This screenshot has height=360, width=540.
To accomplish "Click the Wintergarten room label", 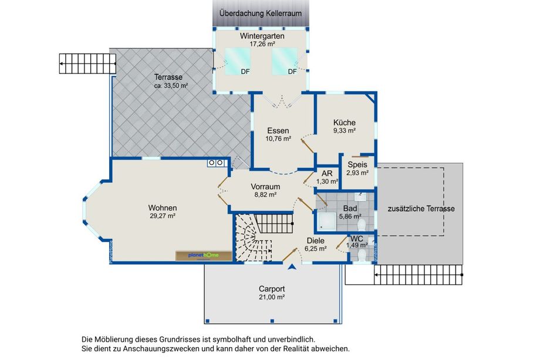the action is coord(262,36).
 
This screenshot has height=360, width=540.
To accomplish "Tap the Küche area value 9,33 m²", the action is coord(345,130).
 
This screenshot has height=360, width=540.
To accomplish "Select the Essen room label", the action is coord(278,130).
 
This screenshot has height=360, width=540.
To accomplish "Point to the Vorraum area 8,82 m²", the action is coord(265,194).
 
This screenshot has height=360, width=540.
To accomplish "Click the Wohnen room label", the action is coord(163,208).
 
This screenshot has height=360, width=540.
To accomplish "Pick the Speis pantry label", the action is coord(357,164).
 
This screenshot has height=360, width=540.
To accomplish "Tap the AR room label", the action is coord(327,173).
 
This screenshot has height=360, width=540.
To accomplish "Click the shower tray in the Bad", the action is coord(326,221).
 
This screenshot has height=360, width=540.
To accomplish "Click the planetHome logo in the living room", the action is coord(203,255).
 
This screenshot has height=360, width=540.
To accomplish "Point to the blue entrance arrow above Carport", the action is coord(292,266).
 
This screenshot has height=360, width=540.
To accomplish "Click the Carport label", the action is coord(272,289).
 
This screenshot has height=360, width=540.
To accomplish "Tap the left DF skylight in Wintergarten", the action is coord(238,61).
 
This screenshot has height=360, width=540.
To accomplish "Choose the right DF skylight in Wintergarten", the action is coord(285,61).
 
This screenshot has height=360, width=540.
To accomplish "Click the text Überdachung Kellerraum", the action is coord(261,14).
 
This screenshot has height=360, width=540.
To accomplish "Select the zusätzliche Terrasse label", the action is coord(421,208).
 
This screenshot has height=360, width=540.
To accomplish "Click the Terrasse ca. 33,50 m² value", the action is coord(171,86).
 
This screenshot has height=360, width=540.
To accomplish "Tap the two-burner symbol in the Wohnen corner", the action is coord(216,163).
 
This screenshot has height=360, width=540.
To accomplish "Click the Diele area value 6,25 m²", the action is coord(315,248).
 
